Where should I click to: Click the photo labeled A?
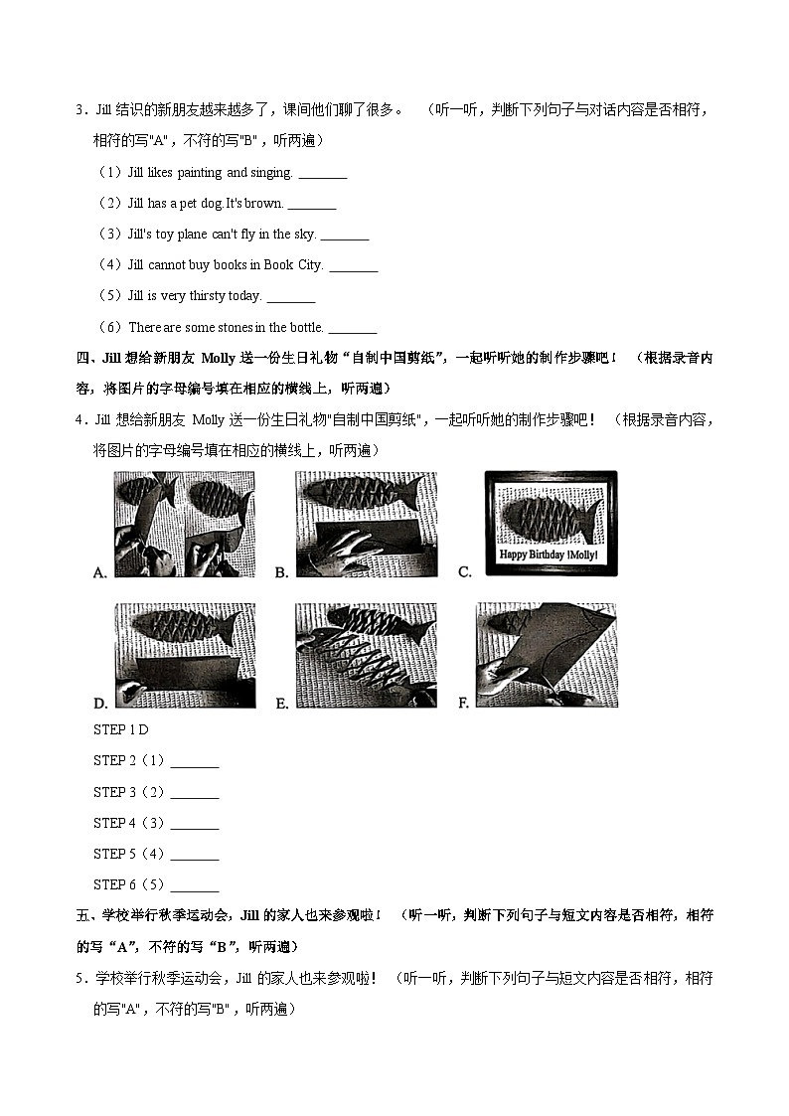coord(185,524)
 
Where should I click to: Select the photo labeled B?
coord(366,524)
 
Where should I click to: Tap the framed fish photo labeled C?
coord(551,524)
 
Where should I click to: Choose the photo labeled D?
coord(185,655)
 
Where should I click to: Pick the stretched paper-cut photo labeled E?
coord(366,655)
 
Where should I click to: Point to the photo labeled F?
coord(547,655)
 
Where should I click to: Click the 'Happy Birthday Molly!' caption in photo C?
coord(549,555)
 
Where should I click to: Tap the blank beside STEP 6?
coord(195,886)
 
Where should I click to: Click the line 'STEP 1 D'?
coord(120,730)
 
